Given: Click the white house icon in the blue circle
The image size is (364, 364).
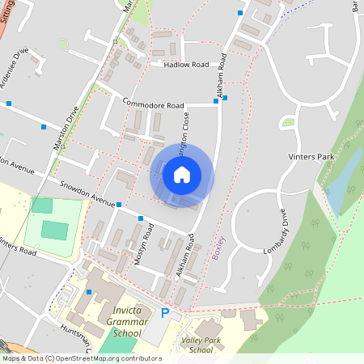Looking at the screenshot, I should point(182,174).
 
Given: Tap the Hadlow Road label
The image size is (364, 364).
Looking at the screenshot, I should point(185,65).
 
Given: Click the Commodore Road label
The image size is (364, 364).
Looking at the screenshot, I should point(154,104).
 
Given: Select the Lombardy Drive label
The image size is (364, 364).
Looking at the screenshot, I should point(276,234).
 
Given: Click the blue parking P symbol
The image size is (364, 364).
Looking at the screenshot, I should point(165,313).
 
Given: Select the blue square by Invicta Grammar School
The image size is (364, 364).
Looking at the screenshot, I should point(89,291).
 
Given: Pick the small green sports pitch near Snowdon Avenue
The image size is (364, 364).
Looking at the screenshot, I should point(54,231).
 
